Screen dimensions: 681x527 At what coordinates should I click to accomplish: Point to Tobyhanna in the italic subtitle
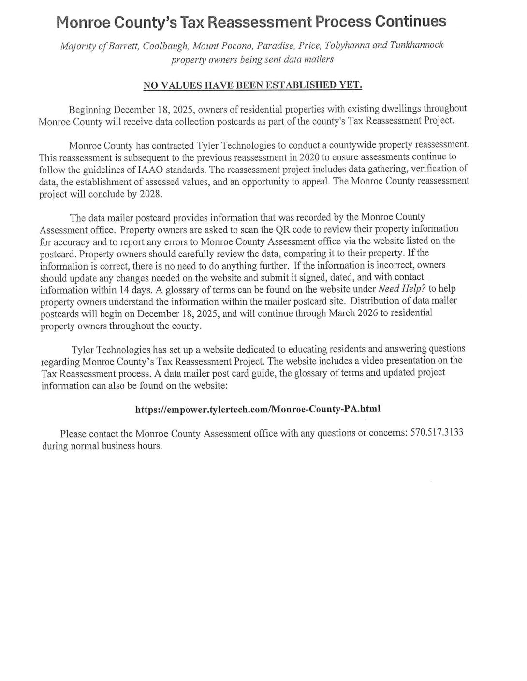(347, 45)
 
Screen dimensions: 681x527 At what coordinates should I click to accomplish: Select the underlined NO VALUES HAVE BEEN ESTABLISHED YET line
(252, 85)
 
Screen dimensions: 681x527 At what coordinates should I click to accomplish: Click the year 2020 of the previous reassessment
(310, 157)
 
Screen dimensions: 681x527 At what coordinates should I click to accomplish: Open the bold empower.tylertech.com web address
(258, 409)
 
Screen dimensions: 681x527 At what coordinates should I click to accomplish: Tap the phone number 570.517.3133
(437, 432)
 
